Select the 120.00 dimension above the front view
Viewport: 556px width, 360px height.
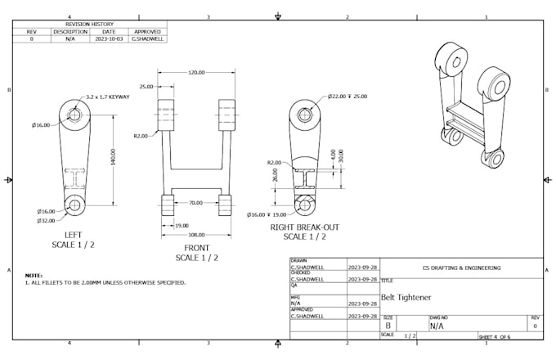pos(196,73)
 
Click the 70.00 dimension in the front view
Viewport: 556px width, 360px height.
pos(195,202)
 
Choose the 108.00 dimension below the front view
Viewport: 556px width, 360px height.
pos(196,234)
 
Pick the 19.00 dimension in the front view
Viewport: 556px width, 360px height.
pos(182,225)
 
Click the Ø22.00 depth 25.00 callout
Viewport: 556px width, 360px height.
pos(347,97)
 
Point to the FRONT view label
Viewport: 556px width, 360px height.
pos(196,248)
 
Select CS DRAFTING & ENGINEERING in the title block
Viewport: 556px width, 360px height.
pos(460,267)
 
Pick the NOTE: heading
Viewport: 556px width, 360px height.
pos(34,276)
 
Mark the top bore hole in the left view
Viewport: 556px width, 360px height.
pos(74,115)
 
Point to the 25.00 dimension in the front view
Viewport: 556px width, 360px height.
pos(146,86)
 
